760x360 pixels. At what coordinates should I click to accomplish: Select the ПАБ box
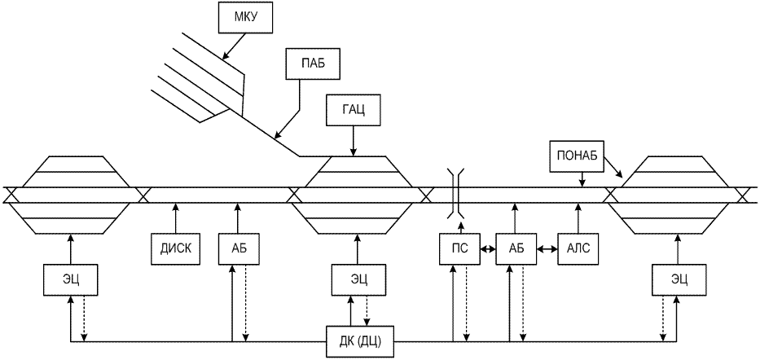pos(306,64)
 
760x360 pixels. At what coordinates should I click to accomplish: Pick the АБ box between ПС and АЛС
pos(515,249)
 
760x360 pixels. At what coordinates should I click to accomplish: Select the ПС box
pos(459,249)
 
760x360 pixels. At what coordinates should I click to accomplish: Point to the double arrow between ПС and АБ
pos(487,249)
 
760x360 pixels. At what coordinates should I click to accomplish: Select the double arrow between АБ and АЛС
pos(546,249)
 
